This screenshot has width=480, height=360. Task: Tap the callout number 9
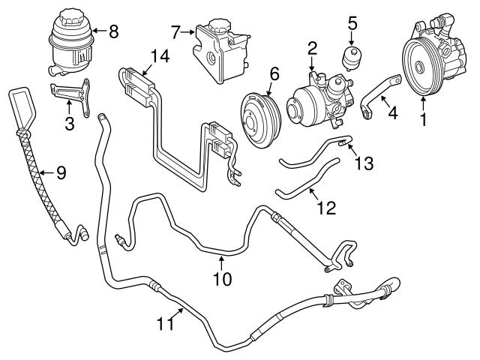click(61, 173)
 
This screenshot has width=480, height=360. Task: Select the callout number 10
click(222, 279)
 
